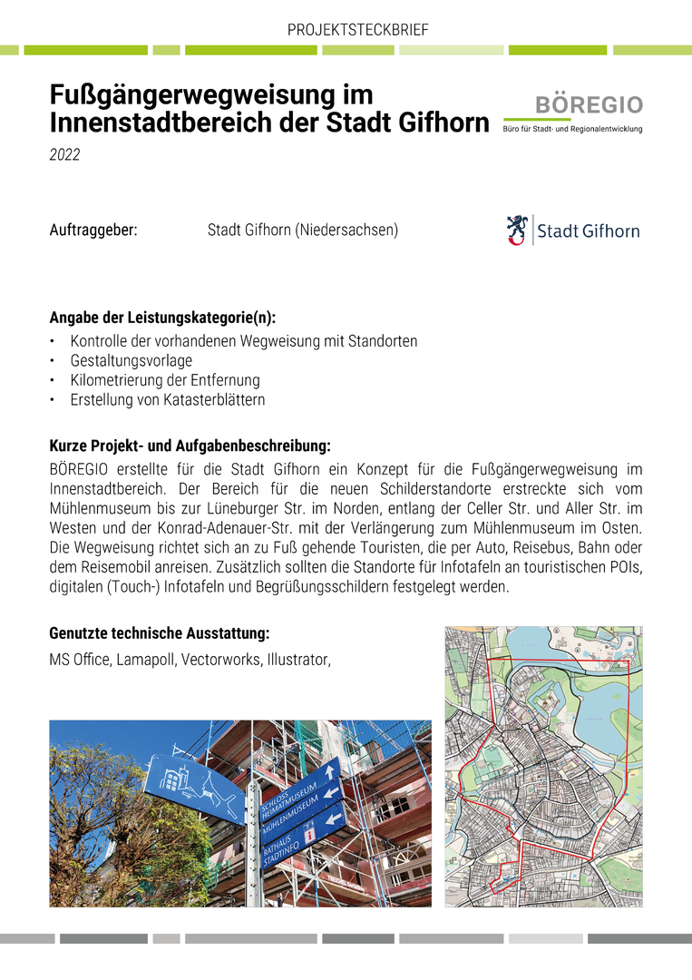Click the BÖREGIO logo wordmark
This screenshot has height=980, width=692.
pos(589,105)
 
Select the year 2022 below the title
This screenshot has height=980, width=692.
pos(64,155)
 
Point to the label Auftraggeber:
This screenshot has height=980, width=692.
pos(93,230)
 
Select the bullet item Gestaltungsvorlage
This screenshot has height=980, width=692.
pos(131,360)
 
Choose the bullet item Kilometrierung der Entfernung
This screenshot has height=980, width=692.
pos(164,380)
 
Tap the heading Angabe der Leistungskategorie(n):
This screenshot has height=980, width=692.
pos(162,318)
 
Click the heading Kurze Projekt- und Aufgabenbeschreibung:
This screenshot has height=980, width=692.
pos(190,446)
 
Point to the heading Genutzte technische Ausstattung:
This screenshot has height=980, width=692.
pos(159,632)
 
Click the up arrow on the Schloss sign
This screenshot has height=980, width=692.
pos(330,769)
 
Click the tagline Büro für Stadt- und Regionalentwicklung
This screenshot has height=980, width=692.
pos(572,129)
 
